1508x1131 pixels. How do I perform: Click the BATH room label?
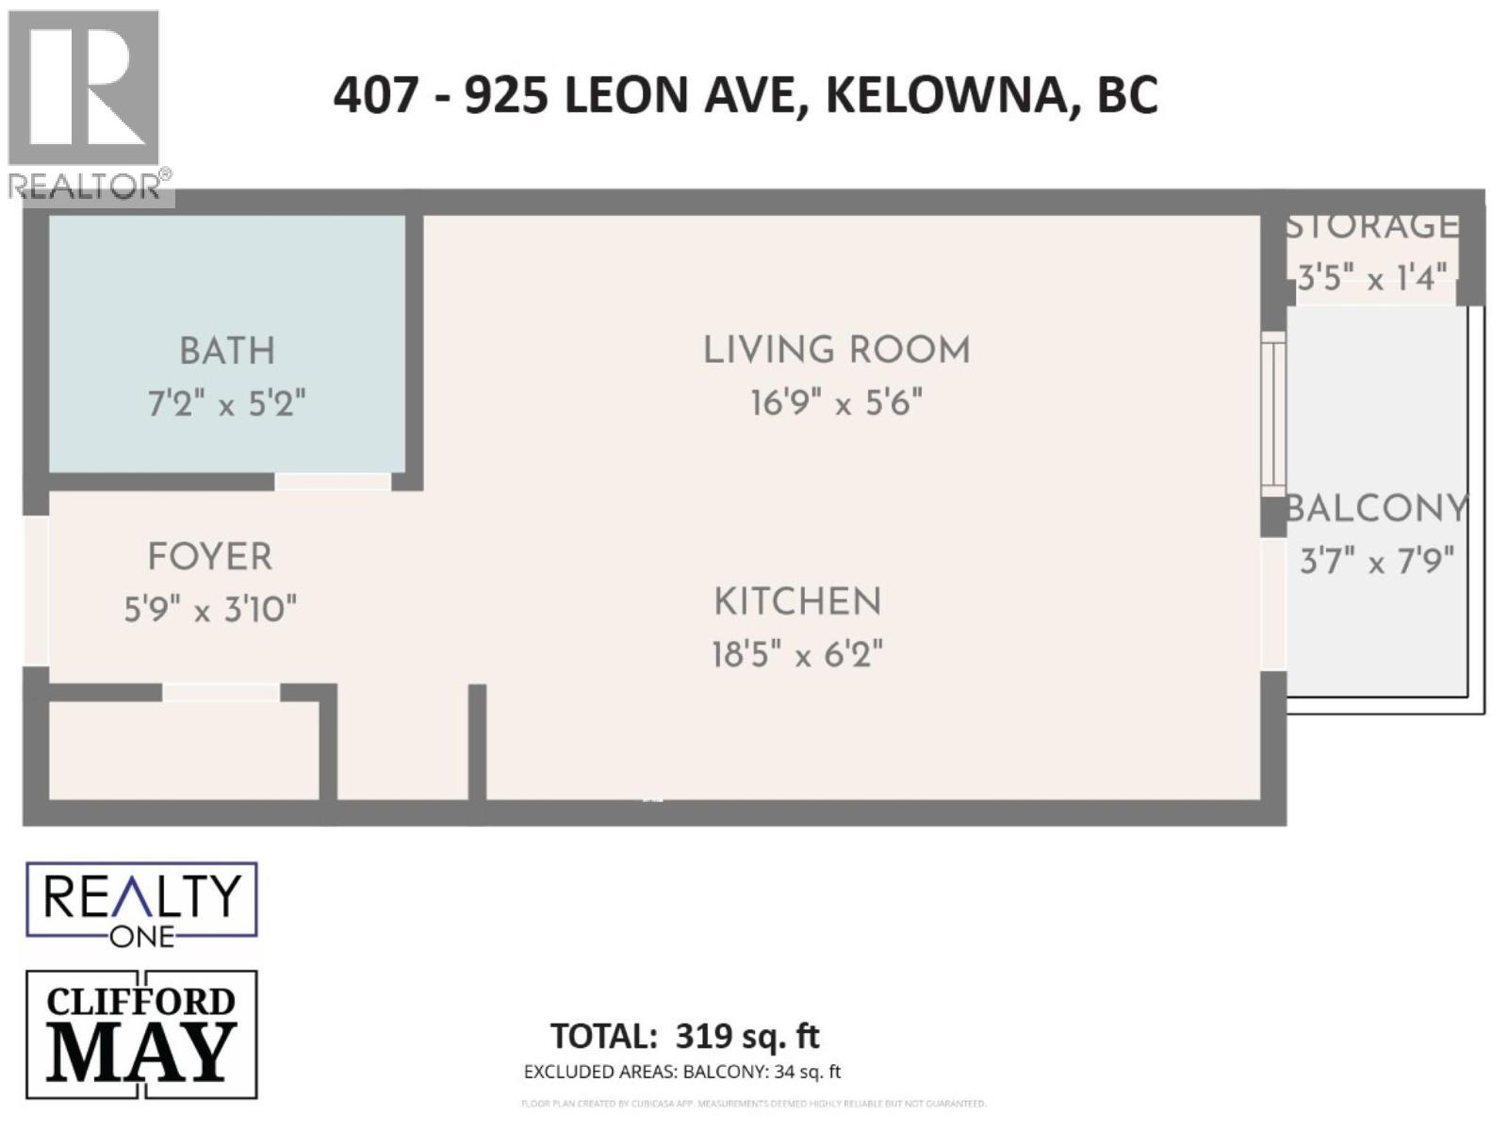(x=227, y=352)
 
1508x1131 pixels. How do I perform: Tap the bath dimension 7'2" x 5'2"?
(x=227, y=404)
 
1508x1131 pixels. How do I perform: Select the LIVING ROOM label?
(x=836, y=351)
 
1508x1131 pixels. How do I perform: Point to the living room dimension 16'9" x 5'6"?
(x=836, y=403)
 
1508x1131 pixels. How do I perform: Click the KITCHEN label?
(x=797, y=602)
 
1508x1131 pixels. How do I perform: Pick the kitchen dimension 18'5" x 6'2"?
(x=797, y=654)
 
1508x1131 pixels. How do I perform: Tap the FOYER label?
(x=210, y=557)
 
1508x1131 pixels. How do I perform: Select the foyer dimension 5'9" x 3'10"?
(x=210, y=610)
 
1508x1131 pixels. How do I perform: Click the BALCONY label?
(x=1377, y=509)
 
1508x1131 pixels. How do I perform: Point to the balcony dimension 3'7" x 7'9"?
(x=1377, y=562)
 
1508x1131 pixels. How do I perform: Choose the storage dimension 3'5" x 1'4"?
(x=1372, y=278)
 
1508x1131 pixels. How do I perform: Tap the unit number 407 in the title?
(x=375, y=95)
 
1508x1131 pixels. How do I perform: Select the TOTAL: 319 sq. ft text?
(x=685, y=1036)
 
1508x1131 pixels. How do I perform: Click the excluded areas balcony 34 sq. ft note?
(x=682, y=1072)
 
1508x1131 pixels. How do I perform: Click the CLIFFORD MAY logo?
(x=141, y=1034)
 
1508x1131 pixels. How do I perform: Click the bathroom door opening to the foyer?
(x=333, y=482)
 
